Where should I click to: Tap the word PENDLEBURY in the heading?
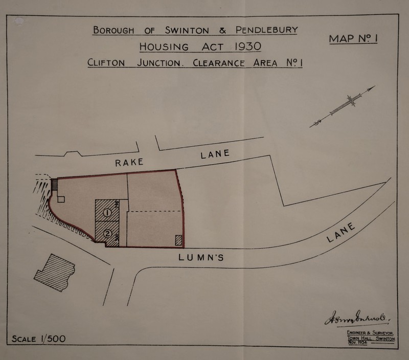pos(266,30)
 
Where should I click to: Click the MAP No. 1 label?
pos(353,38)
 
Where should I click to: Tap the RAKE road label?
pos(129,163)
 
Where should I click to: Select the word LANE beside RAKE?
pos(215,154)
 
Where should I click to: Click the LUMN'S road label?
pos(201,258)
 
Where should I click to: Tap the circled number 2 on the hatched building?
pos(107,234)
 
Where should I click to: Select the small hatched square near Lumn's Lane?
pos(178,240)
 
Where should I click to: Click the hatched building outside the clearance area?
pos(55,272)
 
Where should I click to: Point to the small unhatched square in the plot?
pos(61,199)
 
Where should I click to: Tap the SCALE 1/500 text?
pos(39,339)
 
